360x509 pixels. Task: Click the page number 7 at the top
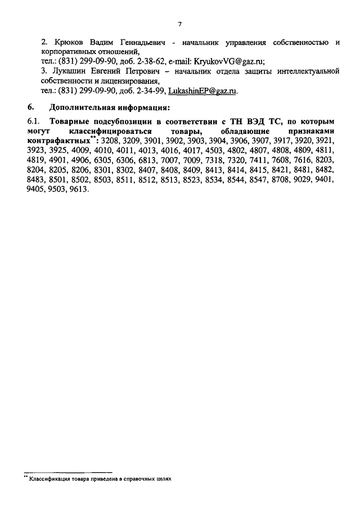click(x=179, y=24)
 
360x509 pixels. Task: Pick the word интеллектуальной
click(x=309, y=71)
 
